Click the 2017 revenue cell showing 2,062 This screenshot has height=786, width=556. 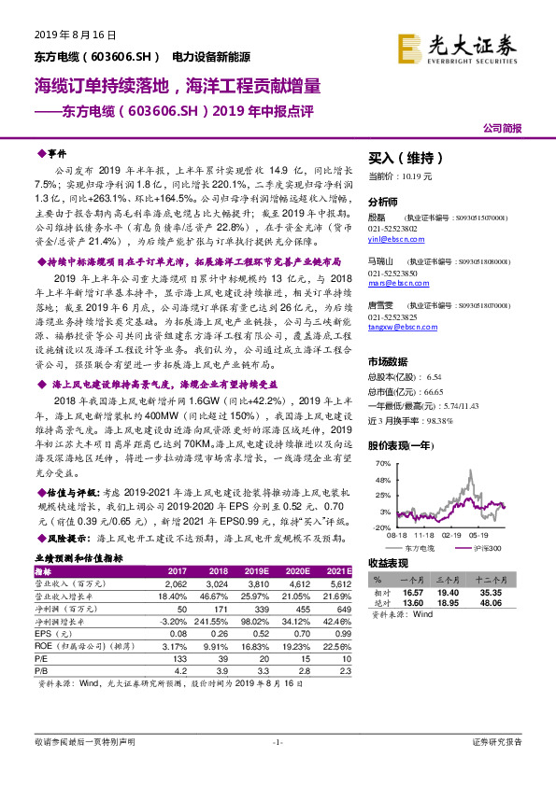click(x=176, y=581)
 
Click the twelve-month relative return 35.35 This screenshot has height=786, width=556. click(x=513, y=592)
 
